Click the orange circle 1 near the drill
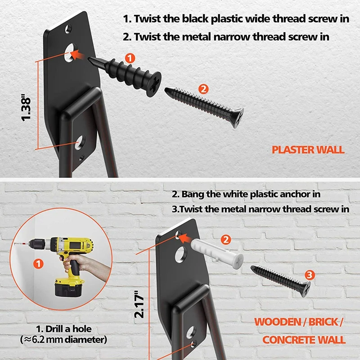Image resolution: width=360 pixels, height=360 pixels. [x=38, y=264]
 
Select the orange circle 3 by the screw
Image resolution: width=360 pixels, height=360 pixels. [x=309, y=275]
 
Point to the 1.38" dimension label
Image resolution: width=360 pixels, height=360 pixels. [x=26, y=107]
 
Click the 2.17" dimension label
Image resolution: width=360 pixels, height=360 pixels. [x=139, y=304]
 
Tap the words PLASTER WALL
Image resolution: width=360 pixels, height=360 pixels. [x=308, y=150]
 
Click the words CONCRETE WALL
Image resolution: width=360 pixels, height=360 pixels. [x=304, y=340]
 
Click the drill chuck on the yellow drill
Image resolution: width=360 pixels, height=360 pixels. [x=36, y=244]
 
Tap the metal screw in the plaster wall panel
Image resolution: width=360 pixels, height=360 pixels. [x=204, y=107]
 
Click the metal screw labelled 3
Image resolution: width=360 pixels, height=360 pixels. [x=280, y=280]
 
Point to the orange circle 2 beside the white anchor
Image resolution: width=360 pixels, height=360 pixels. [x=226, y=240]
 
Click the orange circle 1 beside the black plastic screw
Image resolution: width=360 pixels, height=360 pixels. [x=130, y=58]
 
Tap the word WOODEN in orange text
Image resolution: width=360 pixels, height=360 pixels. [x=278, y=322]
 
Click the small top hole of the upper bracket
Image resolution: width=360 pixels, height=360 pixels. [x=68, y=29]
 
